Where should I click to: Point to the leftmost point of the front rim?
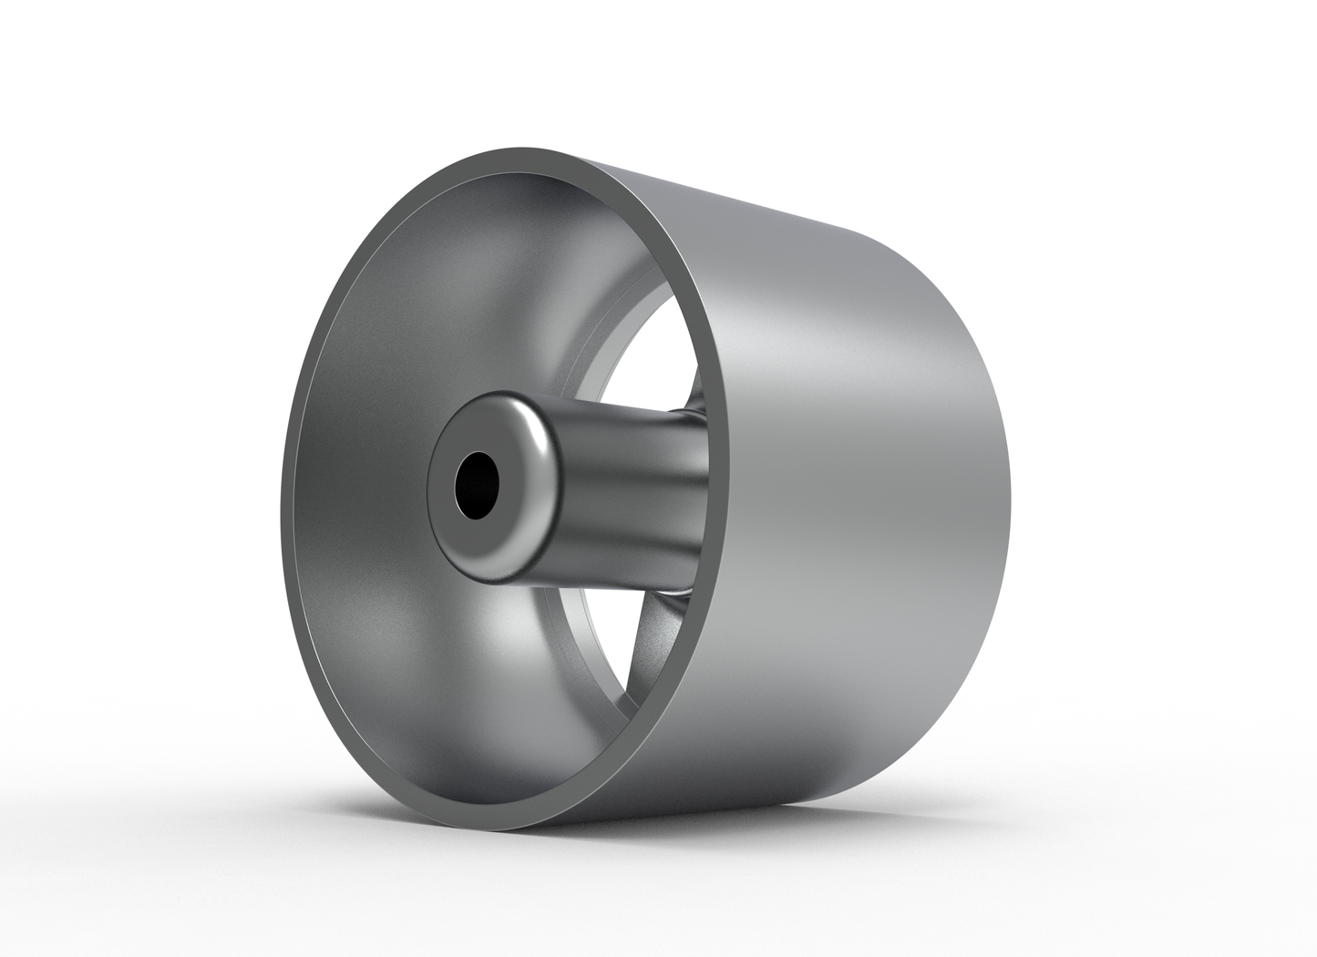pyautogui.click(x=283, y=510)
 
